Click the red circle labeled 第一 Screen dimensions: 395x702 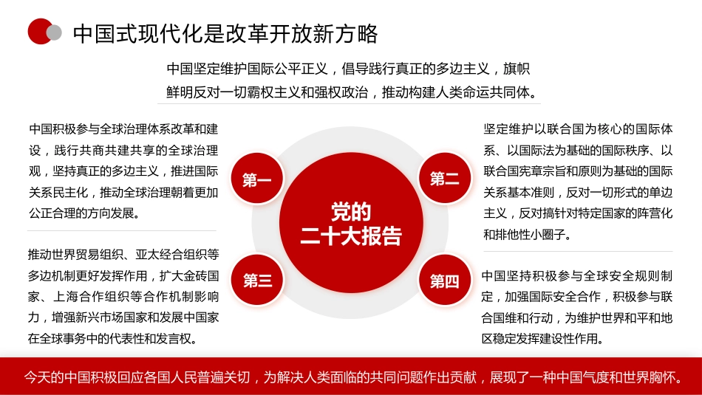(x=257, y=180)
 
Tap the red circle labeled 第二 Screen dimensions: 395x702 (x=444, y=179)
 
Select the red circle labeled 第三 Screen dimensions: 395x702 (x=257, y=281)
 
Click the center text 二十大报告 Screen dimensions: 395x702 (x=351, y=236)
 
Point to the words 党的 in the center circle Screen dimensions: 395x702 (x=351, y=213)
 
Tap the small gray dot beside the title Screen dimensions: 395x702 (x=54, y=32)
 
